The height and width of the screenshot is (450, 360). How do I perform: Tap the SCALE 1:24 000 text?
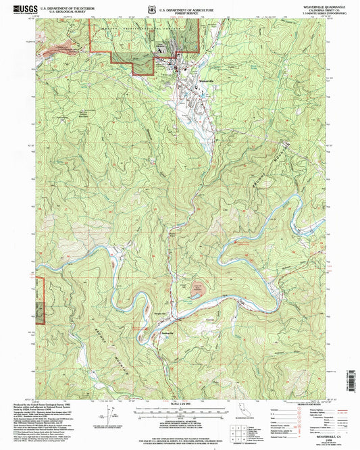pos(179,405)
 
